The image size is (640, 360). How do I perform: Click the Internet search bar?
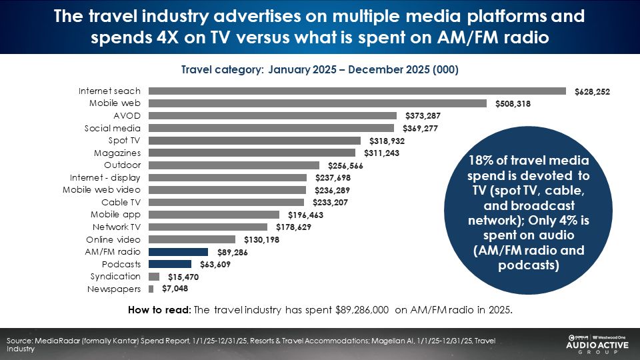click(357, 91)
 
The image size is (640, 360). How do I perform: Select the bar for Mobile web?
click(317, 103)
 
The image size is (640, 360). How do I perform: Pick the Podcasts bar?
click(169, 264)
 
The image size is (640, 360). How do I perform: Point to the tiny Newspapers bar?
click(151, 289)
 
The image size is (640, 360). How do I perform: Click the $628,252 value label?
click(593, 91)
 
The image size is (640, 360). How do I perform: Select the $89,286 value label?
click(233, 253)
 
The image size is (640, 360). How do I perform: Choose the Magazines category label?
click(117, 153)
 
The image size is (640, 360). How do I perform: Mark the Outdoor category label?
click(123, 165)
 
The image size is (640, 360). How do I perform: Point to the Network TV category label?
click(117, 227)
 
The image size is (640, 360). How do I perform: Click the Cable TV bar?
click(226, 203)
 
